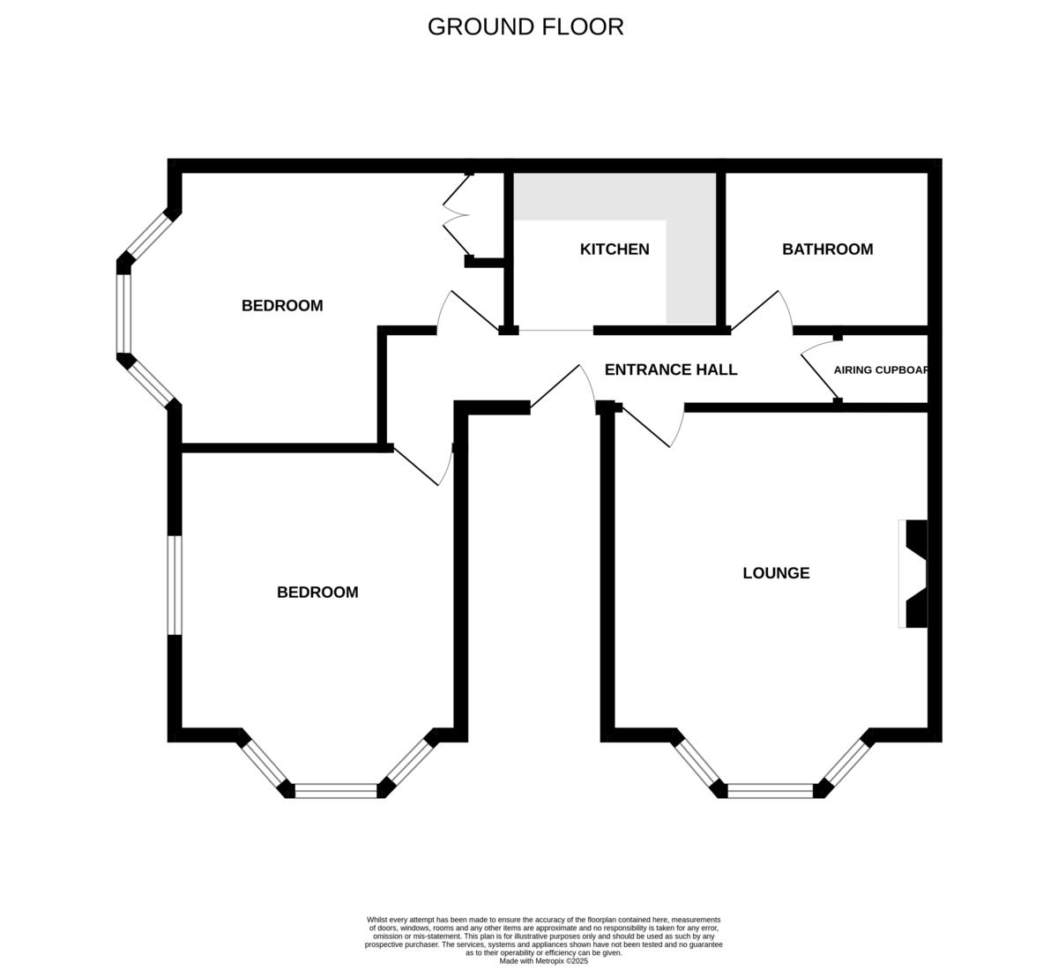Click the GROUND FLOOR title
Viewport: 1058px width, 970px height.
click(525, 26)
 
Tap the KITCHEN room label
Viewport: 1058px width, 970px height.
click(615, 250)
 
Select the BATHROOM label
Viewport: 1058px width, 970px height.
click(827, 250)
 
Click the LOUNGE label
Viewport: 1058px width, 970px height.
click(776, 573)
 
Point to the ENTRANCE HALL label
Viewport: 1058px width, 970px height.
click(670, 369)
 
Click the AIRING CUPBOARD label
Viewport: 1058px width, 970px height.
click(881, 370)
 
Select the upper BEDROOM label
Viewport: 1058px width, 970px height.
click(282, 306)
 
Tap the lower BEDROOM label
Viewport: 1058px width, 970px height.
click(317, 593)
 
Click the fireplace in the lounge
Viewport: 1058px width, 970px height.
click(915, 573)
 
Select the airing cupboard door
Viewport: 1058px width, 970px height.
click(818, 370)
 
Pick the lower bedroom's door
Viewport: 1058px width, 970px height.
click(421, 466)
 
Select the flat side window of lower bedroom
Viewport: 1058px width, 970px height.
click(175, 585)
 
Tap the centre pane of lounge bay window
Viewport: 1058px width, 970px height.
click(771, 791)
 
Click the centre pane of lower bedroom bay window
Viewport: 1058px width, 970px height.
click(336, 791)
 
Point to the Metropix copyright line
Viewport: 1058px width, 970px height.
click(543, 961)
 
